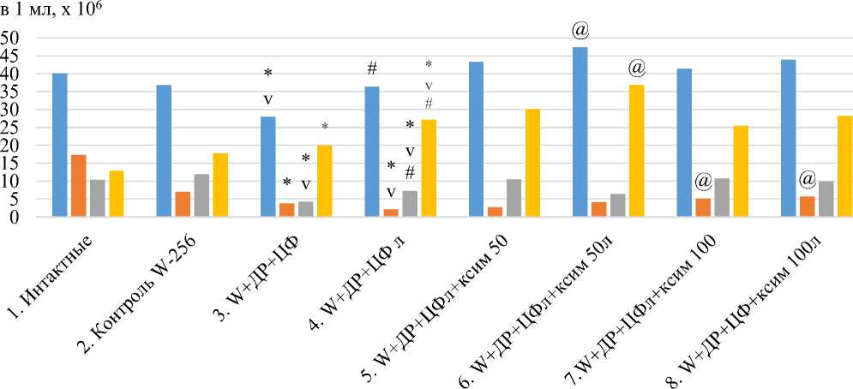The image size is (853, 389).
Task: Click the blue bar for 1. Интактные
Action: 60,145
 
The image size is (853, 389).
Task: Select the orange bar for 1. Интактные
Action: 79,185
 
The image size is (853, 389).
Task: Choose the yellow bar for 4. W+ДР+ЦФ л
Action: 429,168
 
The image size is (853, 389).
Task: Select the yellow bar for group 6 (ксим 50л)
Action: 636,151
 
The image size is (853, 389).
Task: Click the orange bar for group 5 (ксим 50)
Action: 495,212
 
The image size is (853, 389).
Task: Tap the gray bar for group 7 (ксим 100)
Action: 722,197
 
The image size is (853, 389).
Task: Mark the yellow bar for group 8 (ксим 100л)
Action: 844,166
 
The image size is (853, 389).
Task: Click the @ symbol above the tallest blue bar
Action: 580,32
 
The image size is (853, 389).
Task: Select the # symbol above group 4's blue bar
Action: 372,69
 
